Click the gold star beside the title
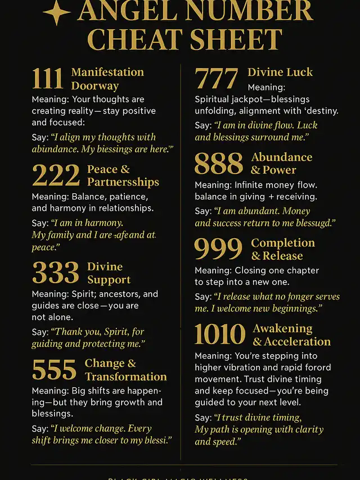(x=56, y=12)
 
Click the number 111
(x=47, y=78)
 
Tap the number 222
(x=56, y=175)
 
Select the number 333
(x=56, y=273)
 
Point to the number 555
(x=54, y=369)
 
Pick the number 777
(x=217, y=78)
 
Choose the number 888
(x=219, y=164)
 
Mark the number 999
(x=219, y=249)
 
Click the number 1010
(x=220, y=334)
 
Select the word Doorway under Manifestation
(x=94, y=86)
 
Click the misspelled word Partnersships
(x=123, y=182)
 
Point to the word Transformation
(x=126, y=377)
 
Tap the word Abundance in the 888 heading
(x=282, y=157)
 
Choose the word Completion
(x=283, y=243)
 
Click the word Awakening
(x=282, y=328)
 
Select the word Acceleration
(x=298, y=342)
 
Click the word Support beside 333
(x=109, y=280)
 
